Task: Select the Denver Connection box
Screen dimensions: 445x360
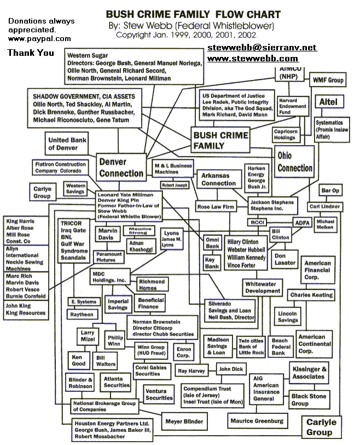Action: tap(120, 167)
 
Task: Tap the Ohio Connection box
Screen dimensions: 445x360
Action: tap(295, 162)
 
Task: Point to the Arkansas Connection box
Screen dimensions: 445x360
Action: tap(219, 179)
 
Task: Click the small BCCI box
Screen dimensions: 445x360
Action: tap(257, 222)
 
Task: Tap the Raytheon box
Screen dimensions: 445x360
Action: tap(82, 314)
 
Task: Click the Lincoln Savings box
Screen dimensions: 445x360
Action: tap(303, 316)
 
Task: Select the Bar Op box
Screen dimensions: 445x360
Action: tap(330, 190)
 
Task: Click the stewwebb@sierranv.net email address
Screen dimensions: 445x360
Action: tap(262, 48)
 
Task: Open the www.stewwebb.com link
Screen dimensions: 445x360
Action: tap(253, 58)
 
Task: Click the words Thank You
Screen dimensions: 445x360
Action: tap(31, 53)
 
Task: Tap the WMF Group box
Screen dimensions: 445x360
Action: tap(328, 80)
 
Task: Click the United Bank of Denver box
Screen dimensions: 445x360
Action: tap(66, 144)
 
